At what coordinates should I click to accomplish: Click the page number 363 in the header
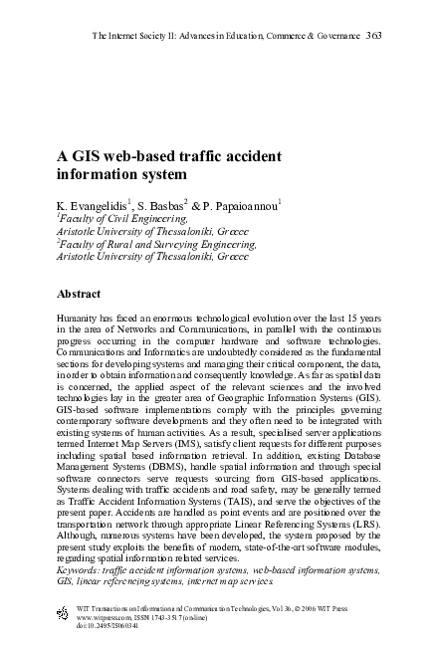pyautogui.click(x=374, y=36)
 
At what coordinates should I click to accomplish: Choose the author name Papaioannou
pyautogui.click(x=245, y=205)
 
